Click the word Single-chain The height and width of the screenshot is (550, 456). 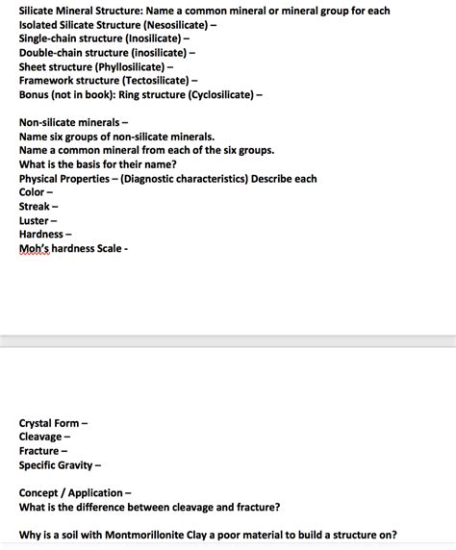coord(51,38)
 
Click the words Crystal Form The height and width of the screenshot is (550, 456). coord(49,423)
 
